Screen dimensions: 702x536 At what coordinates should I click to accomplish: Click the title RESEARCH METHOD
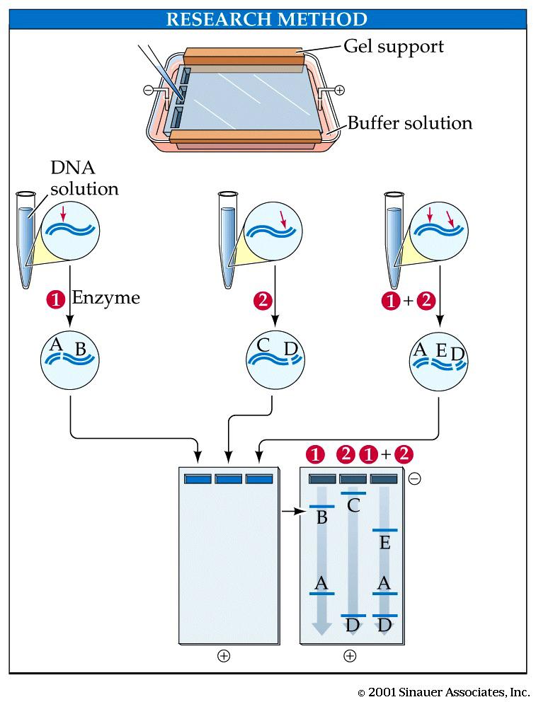[x=266, y=19]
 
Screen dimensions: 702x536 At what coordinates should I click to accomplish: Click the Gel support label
[x=394, y=47]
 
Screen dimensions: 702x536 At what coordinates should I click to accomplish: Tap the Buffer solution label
[x=409, y=123]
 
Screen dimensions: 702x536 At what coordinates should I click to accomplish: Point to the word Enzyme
[x=106, y=298]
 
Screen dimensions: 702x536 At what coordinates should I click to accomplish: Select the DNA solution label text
[x=84, y=178]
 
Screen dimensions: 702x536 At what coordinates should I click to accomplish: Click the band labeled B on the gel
[x=321, y=507]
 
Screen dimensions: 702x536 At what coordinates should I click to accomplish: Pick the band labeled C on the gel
[x=354, y=493]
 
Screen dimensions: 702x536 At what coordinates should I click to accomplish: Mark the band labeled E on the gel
[x=384, y=530]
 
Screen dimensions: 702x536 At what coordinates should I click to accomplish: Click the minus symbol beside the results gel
[x=415, y=479]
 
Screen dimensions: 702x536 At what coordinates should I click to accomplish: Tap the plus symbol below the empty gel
[x=224, y=655]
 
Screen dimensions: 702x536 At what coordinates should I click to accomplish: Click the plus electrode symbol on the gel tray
[x=339, y=90]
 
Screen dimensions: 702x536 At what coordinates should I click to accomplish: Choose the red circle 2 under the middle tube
[x=262, y=300]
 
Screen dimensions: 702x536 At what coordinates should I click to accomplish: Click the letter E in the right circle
[x=441, y=350]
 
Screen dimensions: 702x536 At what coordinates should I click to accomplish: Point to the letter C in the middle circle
[x=263, y=345]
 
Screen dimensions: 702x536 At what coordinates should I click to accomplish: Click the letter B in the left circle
[x=80, y=349]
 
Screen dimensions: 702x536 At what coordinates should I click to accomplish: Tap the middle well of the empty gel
[x=229, y=479]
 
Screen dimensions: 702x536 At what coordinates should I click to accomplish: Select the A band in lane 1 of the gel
[x=321, y=593]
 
